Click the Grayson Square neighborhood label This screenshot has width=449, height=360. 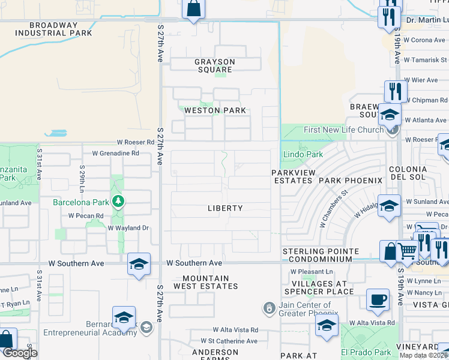coord(215,65)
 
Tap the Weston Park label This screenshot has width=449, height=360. coord(215,110)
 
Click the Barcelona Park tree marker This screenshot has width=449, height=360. coord(118,201)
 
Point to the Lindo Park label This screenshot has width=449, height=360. coord(303,154)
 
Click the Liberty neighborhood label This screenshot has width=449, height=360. coord(225,208)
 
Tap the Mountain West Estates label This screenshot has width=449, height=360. coord(206,282)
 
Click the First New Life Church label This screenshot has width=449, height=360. coord(343,130)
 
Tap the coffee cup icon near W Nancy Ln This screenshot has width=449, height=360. coord(378,300)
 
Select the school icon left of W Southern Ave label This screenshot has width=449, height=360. coord(139,264)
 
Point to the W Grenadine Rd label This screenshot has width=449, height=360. coord(115,153)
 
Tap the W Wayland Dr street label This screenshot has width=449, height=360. coord(128,228)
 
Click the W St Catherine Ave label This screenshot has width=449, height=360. coord(229,341)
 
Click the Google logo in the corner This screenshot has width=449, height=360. coord(20,353)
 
